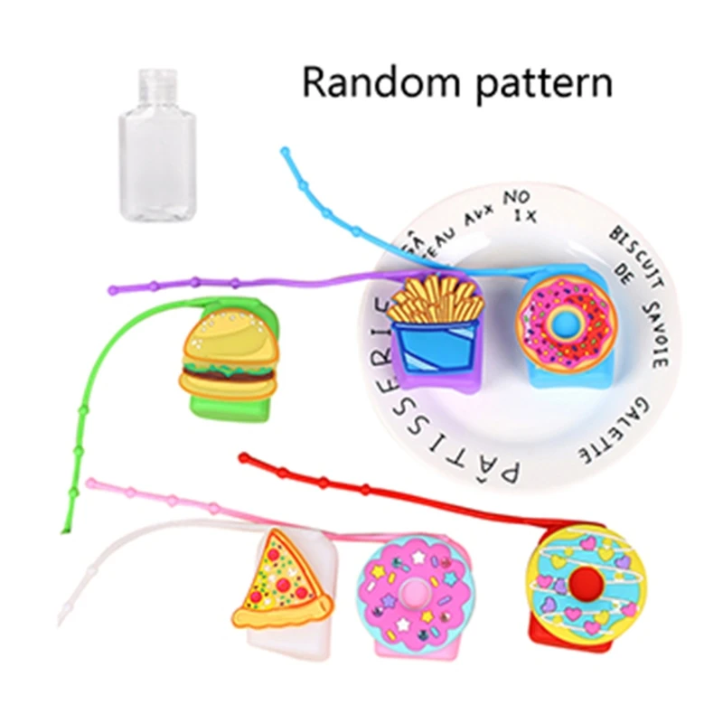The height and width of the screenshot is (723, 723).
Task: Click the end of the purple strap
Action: tap(114, 290)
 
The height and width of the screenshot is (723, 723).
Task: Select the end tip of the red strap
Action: tap(242, 459)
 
